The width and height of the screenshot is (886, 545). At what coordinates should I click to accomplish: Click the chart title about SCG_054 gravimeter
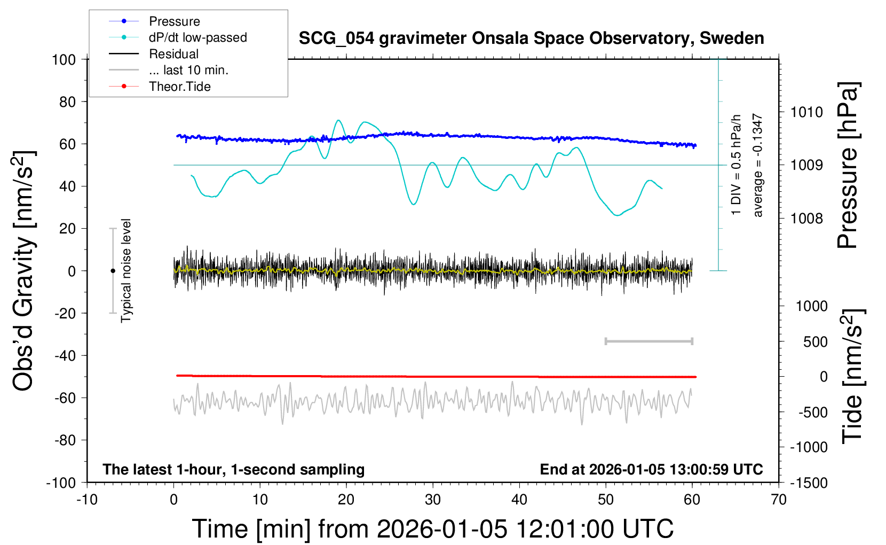tap(531, 38)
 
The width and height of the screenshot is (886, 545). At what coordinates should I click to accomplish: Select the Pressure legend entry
tap(174, 21)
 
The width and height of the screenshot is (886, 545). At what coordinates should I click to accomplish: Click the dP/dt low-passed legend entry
tap(197, 37)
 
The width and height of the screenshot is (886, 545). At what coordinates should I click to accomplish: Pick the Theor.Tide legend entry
tap(179, 87)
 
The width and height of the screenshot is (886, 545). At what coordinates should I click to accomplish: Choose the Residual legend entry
tap(173, 54)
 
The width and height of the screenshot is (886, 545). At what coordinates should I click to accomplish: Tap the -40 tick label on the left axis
tap(65, 355)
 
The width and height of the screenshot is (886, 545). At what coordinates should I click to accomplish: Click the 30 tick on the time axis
tap(433, 500)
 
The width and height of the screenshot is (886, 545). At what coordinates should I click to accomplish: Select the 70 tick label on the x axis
tap(779, 500)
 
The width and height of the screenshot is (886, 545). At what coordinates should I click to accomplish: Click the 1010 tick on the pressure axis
tap(806, 112)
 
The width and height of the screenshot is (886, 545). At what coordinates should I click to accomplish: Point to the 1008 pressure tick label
tap(806, 218)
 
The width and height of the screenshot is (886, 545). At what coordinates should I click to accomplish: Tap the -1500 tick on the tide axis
tap(809, 483)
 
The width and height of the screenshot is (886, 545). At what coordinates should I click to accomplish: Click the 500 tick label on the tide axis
tap(815, 342)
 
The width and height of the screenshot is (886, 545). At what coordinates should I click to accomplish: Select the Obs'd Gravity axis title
tap(25, 271)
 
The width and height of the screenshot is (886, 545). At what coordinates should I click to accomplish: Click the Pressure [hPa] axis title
tap(847, 165)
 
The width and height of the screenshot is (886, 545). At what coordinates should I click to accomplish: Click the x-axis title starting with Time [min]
tap(432, 529)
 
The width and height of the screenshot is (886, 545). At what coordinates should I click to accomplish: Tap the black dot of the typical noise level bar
tap(113, 271)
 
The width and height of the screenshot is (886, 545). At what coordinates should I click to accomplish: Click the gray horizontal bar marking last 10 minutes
tap(648, 341)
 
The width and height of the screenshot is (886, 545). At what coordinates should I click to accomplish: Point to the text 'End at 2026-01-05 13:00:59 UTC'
tap(651, 469)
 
